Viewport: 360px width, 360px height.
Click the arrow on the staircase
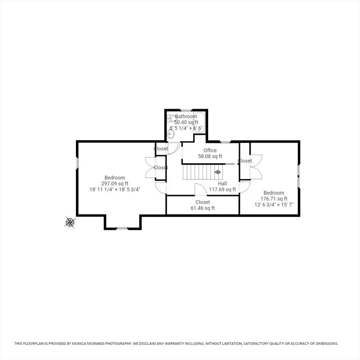click(x=217, y=172)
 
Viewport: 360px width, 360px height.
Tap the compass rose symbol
click(x=70, y=222)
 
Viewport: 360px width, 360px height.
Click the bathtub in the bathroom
click(x=199, y=123)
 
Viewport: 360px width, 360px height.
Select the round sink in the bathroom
click(x=170, y=134)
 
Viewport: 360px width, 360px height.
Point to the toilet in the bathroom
click(x=171, y=119)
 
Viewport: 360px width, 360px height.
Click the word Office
click(x=210, y=150)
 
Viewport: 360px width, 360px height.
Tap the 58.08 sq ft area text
click(x=210, y=157)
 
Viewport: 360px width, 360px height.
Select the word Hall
click(x=222, y=183)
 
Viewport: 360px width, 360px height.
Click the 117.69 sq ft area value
click(x=222, y=189)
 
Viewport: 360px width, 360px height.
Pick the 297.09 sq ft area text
click(x=114, y=183)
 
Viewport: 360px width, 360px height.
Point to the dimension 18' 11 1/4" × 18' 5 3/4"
click(x=114, y=189)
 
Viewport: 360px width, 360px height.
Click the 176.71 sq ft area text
click(x=274, y=199)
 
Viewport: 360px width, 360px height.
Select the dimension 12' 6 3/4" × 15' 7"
click(x=274, y=204)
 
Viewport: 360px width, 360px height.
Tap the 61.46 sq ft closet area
click(x=202, y=208)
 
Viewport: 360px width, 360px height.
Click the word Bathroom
click(x=186, y=116)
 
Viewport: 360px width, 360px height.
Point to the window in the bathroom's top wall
click(x=186, y=111)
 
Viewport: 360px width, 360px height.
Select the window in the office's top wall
click(x=225, y=142)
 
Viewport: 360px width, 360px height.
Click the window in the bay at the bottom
click(x=122, y=228)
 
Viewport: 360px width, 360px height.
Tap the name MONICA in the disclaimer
click(x=79, y=344)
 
